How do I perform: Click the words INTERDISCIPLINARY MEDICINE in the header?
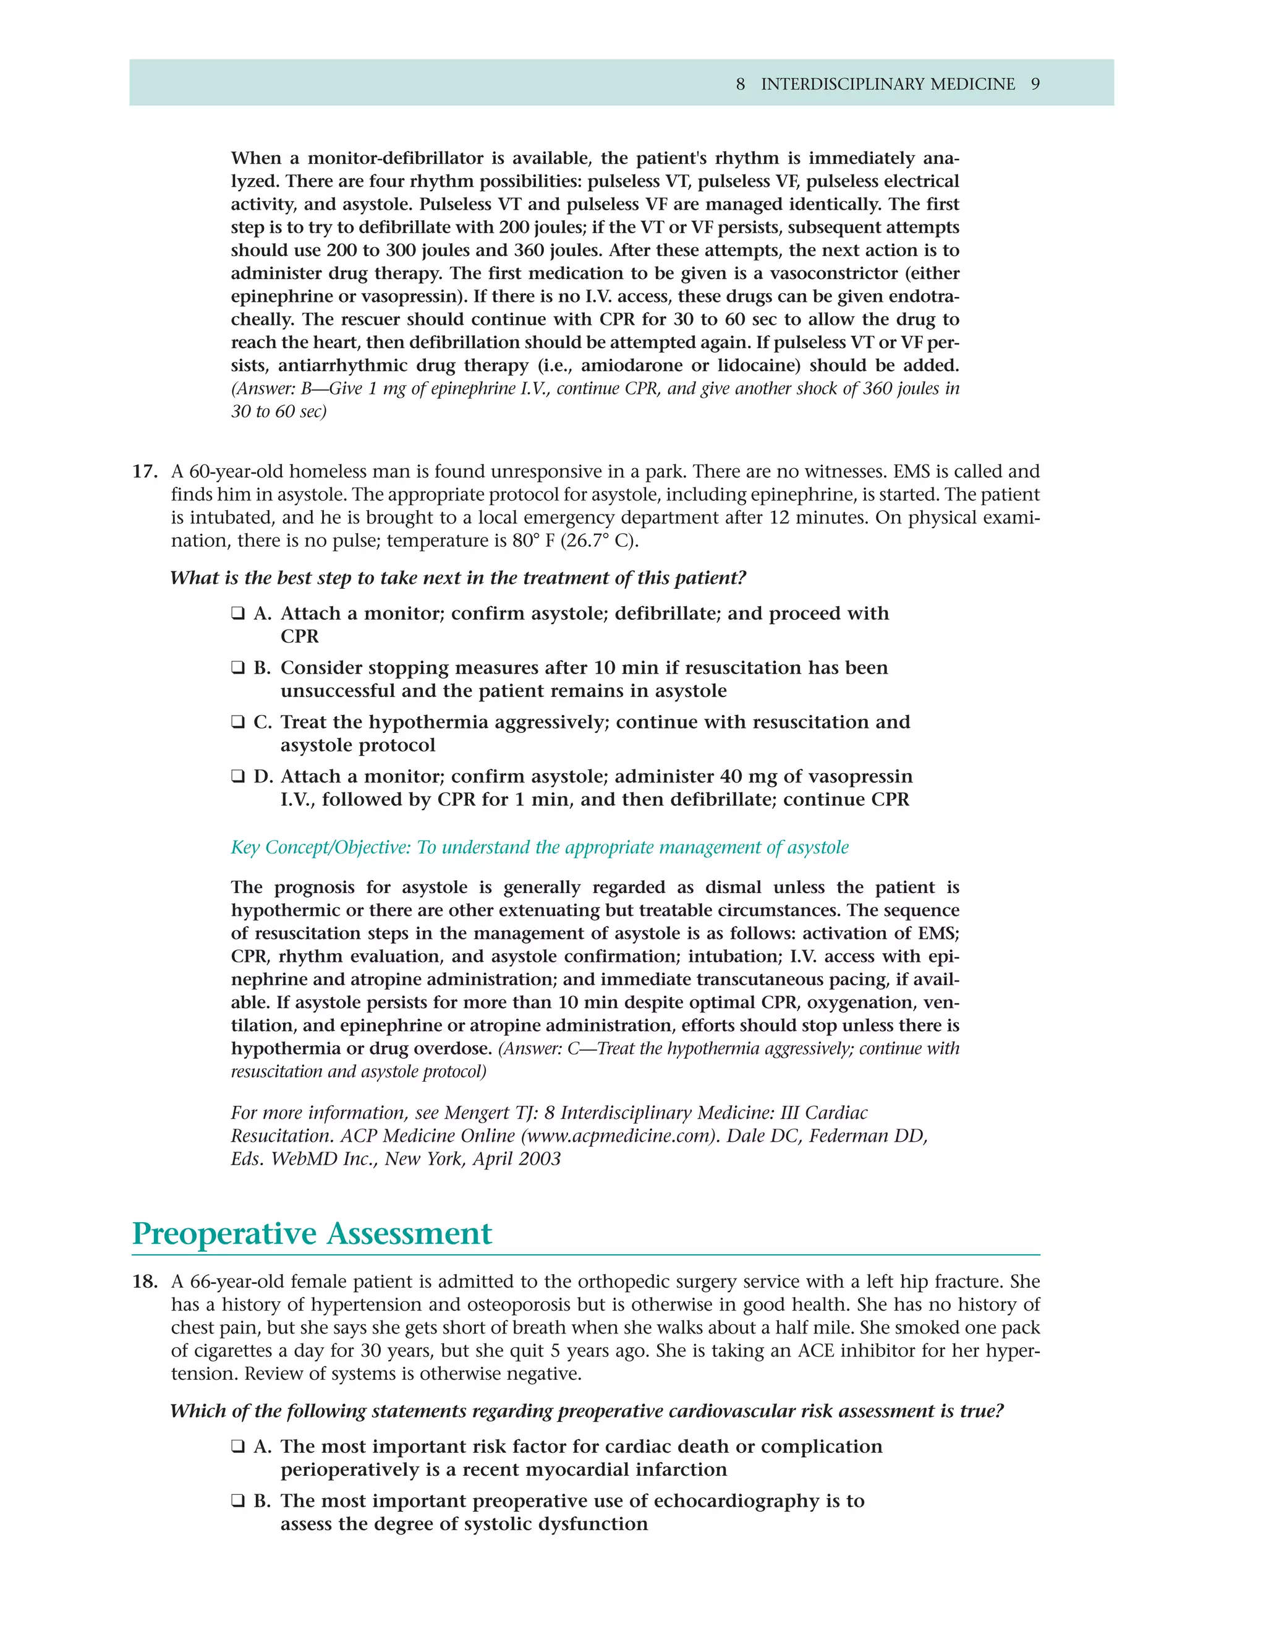888,84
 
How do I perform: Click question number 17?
145,472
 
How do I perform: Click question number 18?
145,1282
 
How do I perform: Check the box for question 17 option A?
238,614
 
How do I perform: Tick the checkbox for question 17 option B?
238,668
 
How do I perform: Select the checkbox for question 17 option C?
238,722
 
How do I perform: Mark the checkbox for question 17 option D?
238,777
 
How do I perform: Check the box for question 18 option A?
238,1447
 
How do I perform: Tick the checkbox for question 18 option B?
238,1501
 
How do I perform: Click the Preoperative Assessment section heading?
312,1235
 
